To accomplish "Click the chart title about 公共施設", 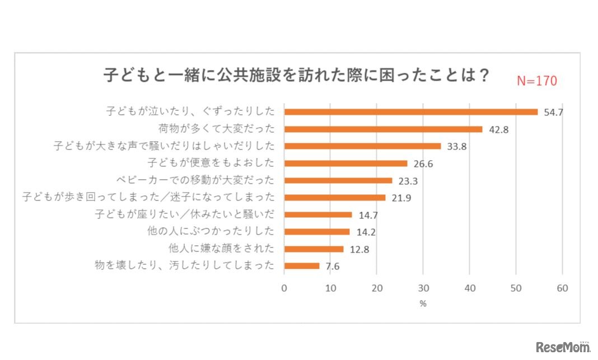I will tap(297, 76).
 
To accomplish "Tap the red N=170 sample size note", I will tap(536, 81).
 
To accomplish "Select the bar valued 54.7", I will tap(410, 112).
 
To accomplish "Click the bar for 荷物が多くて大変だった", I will tap(383, 129).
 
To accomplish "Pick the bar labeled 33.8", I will tap(362, 146).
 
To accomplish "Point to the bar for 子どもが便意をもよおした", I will tap(345, 163).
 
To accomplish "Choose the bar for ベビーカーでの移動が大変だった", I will tap(338, 180).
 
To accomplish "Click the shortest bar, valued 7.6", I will tap(302, 266).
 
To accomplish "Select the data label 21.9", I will tap(400, 198).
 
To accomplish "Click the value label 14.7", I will tap(367, 215).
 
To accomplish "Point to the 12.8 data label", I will tap(358, 249).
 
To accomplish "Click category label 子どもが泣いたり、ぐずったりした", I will tap(190, 111).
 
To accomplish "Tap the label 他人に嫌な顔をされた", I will tap(221, 249).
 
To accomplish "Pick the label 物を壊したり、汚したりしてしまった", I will tap(185, 266).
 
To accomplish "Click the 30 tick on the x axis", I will tap(423, 288).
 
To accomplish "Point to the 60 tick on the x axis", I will tap(562, 288).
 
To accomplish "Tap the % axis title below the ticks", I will tap(423, 304).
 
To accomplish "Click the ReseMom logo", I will tap(563, 347).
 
